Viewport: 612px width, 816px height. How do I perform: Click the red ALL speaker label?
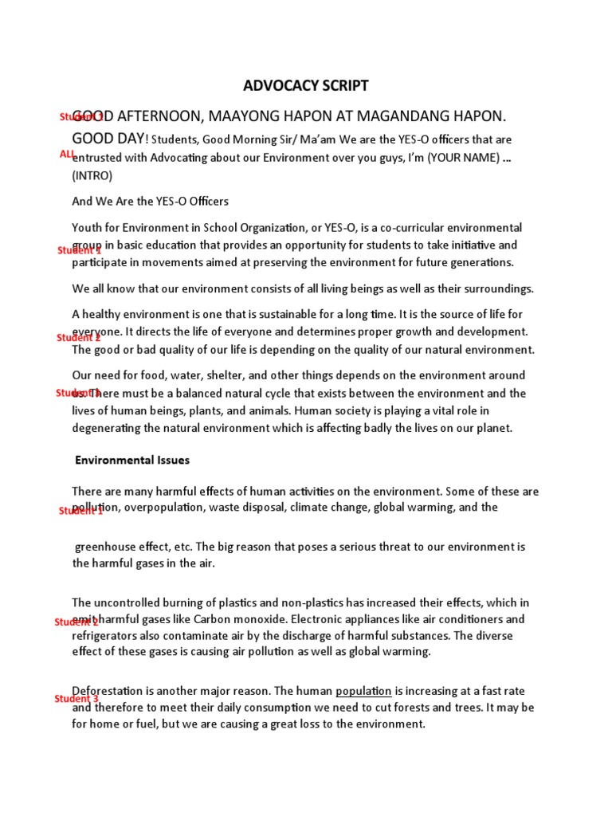(67, 153)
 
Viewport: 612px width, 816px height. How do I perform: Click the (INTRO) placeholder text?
(92, 175)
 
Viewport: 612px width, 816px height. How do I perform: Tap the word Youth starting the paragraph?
(88, 228)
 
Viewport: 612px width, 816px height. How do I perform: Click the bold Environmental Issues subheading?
(132, 460)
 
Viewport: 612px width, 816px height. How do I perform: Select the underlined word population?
(363, 691)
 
